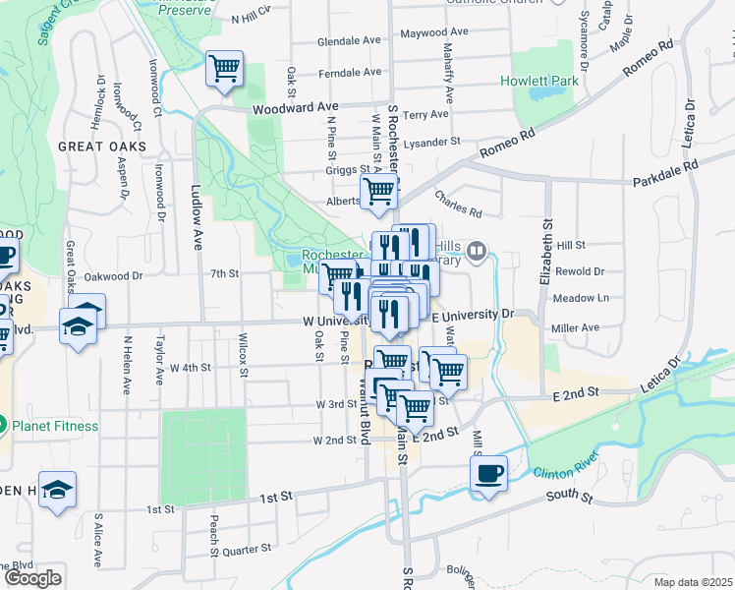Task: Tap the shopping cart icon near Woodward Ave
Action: coord(225,70)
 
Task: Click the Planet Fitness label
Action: coord(54,426)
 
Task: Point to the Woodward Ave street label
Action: coord(294,107)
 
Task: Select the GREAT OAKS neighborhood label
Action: coord(102,147)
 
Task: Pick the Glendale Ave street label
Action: coord(349,42)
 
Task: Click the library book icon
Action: coord(477,250)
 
